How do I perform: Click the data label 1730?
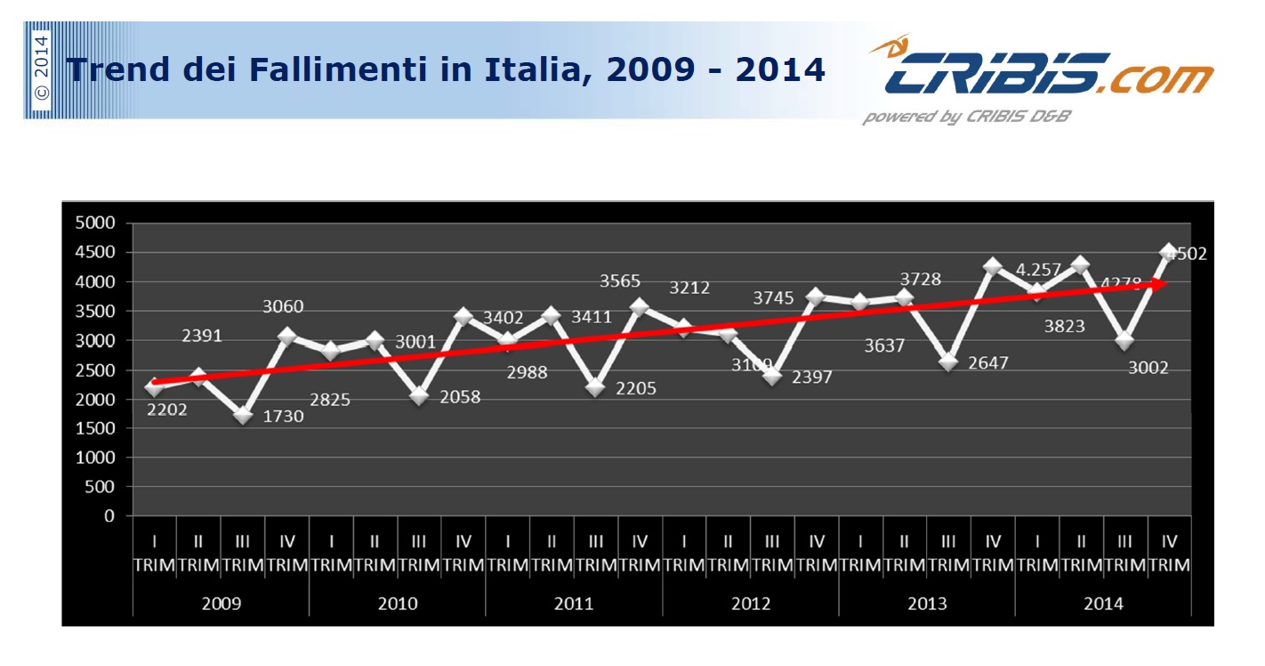click(x=283, y=416)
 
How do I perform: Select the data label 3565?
click(x=620, y=281)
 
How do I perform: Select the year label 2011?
click(x=574, y=604)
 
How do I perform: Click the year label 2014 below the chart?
click(x=1103, y=604)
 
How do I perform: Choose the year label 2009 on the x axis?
click(x=221, y=604)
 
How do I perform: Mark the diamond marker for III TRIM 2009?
click(x=243, y=415)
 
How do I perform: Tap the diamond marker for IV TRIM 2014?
click(x=1169, y=252)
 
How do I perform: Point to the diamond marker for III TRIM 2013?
click(x=948, y=361)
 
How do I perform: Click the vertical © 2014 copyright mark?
click(x=41, y=69)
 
